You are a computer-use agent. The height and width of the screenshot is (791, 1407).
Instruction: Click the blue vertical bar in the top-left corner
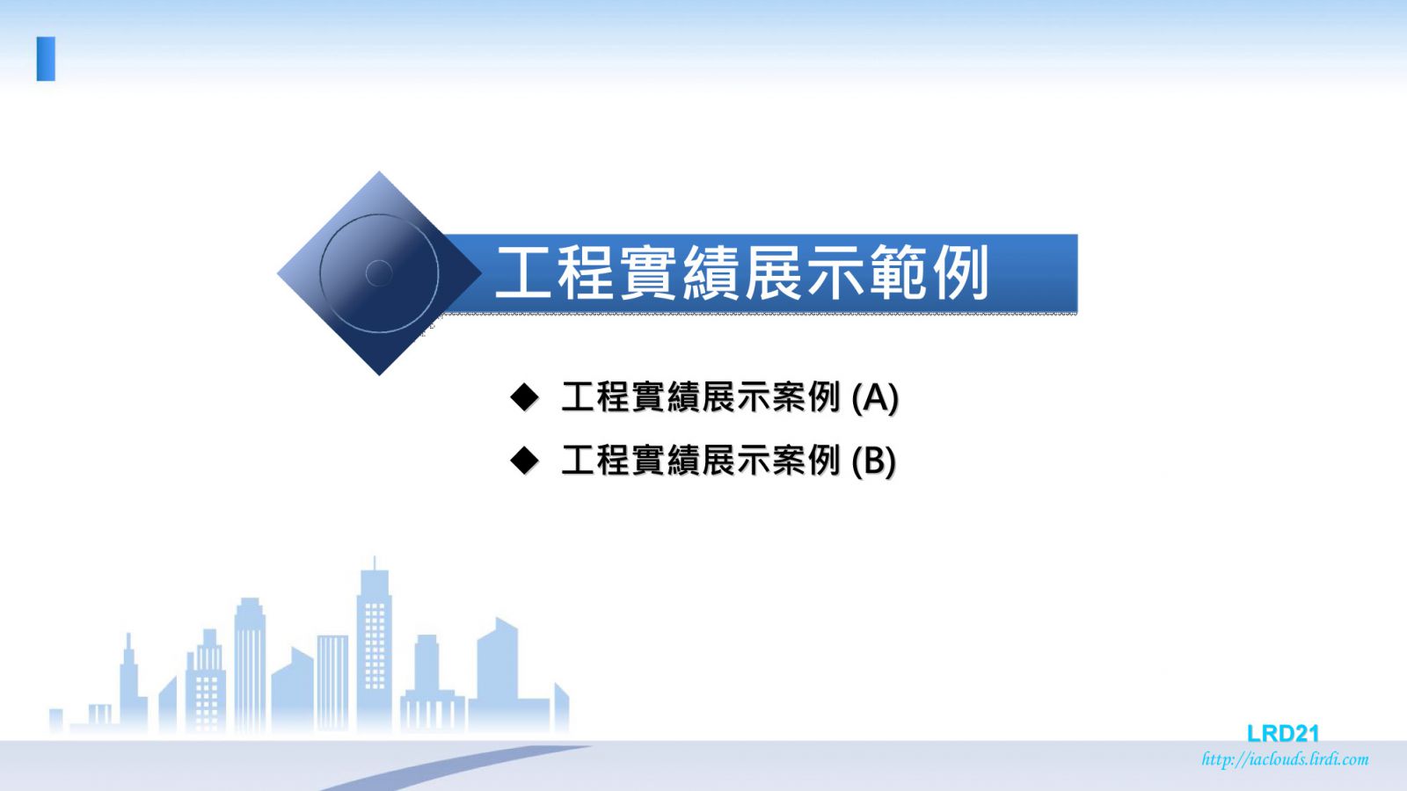[46, 59]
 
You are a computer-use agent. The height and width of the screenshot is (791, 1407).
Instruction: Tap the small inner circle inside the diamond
[379, 273]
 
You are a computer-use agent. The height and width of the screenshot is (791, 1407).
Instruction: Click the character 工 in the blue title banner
[523, 272]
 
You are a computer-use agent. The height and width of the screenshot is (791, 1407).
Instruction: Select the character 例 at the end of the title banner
[960, 272]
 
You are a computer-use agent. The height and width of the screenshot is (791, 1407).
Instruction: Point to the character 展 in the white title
[773, 272]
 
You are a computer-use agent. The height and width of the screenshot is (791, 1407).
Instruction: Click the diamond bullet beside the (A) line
[524, 397]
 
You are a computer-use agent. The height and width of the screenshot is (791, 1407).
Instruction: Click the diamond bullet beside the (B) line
[524, 461]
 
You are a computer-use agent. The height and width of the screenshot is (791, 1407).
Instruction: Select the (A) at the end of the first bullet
[875, 397]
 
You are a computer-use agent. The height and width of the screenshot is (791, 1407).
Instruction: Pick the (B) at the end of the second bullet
[874, 461]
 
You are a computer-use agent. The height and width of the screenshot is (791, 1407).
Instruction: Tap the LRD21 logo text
[1283, 733]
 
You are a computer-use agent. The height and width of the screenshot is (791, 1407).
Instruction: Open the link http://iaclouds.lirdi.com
[1285, 759]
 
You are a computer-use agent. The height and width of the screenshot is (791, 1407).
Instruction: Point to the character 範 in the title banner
[898, 272]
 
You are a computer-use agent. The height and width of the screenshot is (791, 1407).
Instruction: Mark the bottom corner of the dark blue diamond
[379, 375]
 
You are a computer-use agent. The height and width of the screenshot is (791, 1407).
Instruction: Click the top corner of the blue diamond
[379, 171]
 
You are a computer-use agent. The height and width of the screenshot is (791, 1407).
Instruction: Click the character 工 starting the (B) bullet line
[577, 461]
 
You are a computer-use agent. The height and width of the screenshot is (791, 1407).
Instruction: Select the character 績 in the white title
[711, 272]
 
